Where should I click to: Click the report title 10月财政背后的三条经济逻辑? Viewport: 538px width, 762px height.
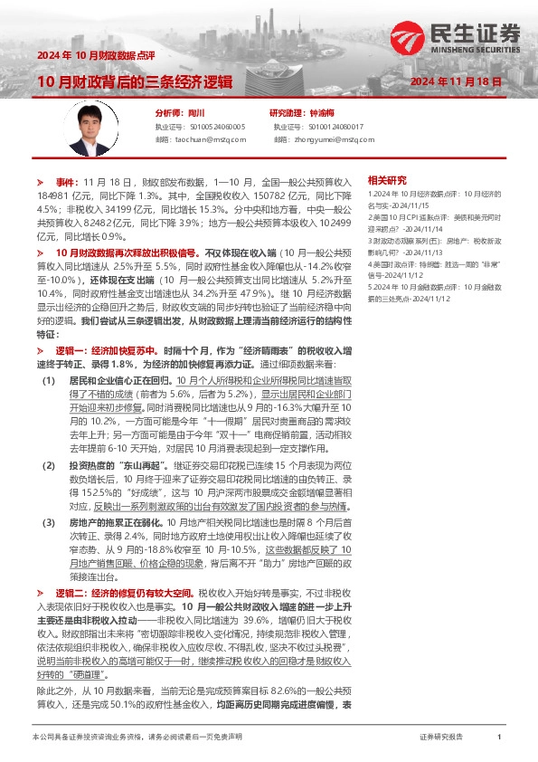click(x=134, y=81)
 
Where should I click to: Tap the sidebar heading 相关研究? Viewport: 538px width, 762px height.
click(x=388, y=180)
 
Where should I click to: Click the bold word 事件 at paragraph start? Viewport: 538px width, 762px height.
click(x=67, y=182)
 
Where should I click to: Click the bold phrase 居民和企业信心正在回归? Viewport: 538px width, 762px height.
click(x=121, y=384)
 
